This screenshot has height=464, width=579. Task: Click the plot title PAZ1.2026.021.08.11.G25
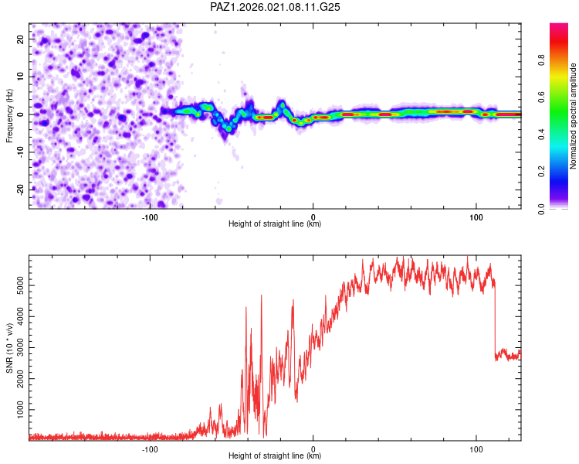pos(276,7)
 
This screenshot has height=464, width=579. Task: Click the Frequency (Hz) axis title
pos(9,115)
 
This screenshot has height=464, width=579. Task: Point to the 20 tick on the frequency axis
pos(21,39)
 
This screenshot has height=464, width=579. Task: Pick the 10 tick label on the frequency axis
pos(21,77)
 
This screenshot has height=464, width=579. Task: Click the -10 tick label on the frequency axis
pos(19,152)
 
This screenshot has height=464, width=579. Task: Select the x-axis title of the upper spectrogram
pos(275,224)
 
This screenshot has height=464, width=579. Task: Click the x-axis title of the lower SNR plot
pos(275,457)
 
